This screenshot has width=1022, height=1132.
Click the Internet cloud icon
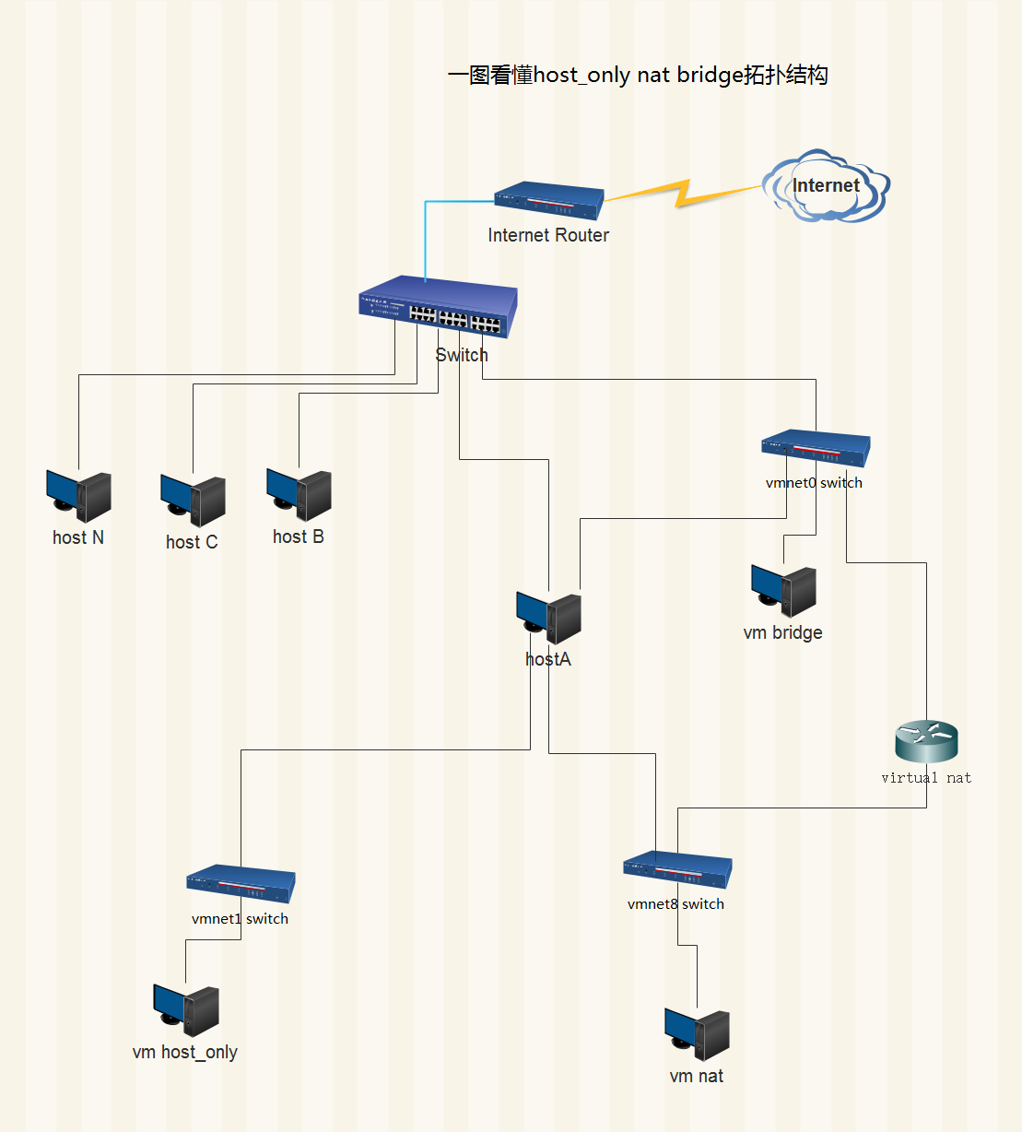click(x=826, y=185)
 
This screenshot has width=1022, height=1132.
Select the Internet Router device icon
click(x=549, y=200)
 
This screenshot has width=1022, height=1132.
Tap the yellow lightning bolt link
click(x=683, y=194)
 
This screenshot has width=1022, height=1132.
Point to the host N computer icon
click(x=78, y=496)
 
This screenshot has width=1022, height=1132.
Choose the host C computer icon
click(x=193, y=501)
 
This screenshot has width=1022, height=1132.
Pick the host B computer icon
click(x=300, y=495)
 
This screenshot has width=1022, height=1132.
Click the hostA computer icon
click(x=548, y=618)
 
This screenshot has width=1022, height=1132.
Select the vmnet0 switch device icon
click(x=816, y=448)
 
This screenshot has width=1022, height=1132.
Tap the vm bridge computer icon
click(x=784, y=591)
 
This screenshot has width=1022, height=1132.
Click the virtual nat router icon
click(x=927, y=741)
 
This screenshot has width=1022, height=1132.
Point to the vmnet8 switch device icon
click(x=677, y=869)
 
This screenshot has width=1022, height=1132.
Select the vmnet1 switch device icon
click(x=241, y=884)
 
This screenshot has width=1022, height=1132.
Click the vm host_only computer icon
click(x=186, y=1010)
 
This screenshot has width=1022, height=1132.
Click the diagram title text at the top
click(x=638, y=75)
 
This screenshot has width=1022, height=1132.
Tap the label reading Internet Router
click(x=548, y=235)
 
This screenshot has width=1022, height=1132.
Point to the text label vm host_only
click(x=185, y=1053)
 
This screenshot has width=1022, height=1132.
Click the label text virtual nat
click(x=927, y=778)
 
